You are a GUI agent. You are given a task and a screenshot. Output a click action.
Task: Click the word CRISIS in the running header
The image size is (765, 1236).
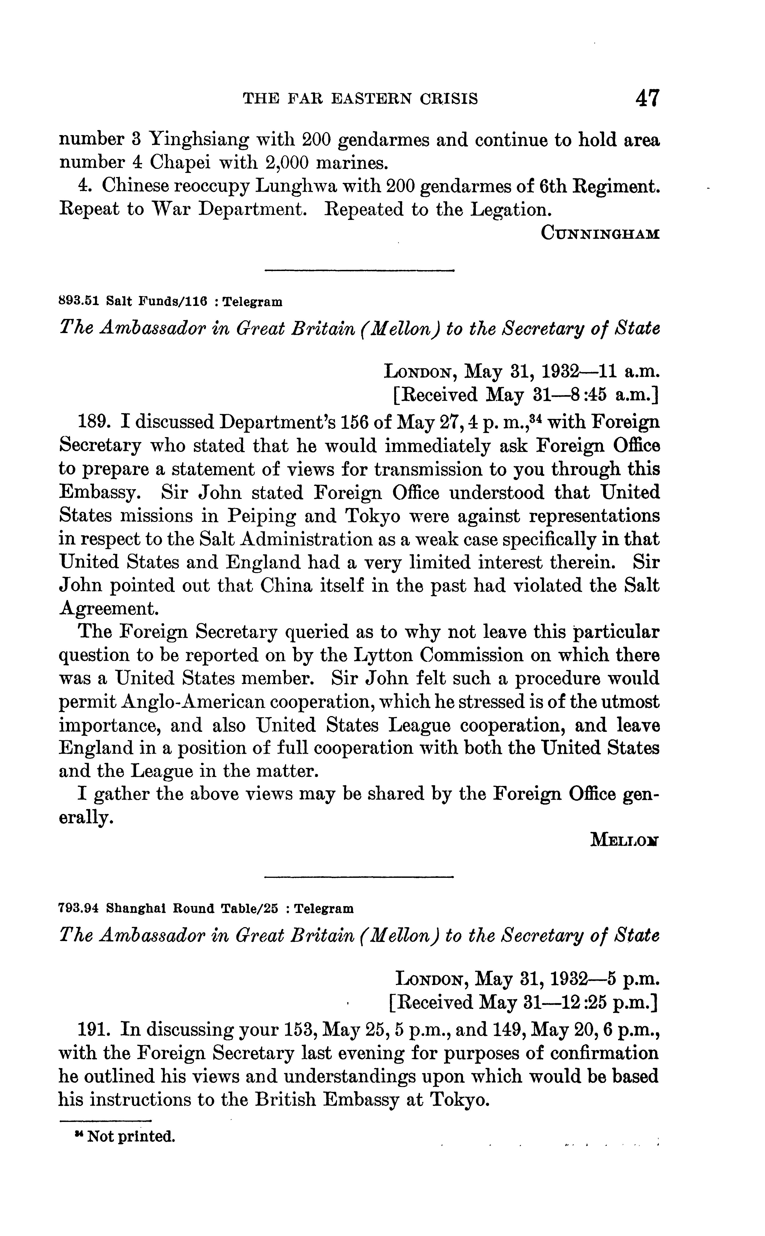pyautogui.click(x=448, y=99)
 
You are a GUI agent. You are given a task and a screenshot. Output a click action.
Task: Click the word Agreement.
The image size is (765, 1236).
pyautogui.click(x=108, y=609)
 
